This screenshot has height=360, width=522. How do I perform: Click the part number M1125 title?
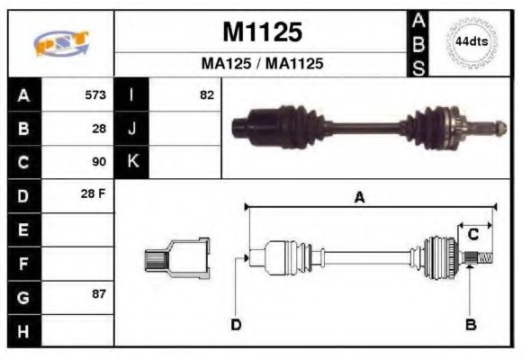(x=261, y=33)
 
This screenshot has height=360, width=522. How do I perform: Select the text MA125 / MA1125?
(x=261, y=65)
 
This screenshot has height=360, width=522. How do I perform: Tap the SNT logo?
(x=60, y=42)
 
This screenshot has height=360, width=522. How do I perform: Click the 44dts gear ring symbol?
(x=472, y=41)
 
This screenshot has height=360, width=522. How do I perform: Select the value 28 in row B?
(x=99, y=129)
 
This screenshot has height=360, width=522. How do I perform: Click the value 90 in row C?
(x=99, y=163)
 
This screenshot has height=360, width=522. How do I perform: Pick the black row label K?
(x=132, y=163)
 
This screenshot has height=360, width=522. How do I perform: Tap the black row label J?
(x=132, y=129)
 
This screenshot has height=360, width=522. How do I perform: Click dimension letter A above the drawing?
(x=358, y=199)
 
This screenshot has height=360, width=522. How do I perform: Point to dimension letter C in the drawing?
(x=472, y=234)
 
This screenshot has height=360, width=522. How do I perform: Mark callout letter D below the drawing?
(x=236, y=324)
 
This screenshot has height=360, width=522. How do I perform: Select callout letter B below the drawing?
(x=470, y=324)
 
